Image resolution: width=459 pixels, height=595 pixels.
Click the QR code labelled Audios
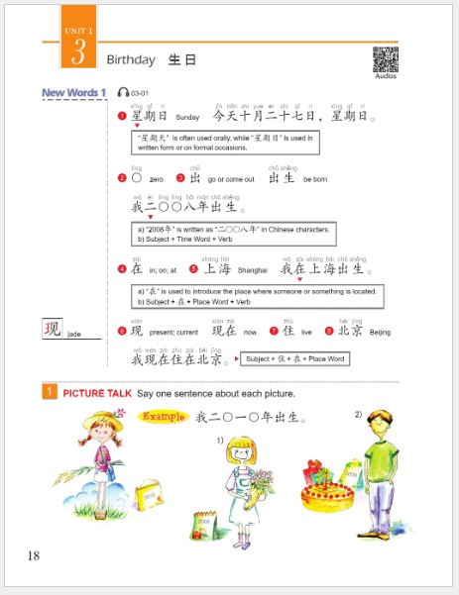coord(385,59)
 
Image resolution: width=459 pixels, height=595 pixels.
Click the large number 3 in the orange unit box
coord(76,53)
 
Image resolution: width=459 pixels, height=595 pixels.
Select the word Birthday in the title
coord(131,60)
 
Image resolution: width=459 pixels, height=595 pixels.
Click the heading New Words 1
coord(73,93)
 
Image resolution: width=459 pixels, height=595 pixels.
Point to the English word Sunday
coord(187,117)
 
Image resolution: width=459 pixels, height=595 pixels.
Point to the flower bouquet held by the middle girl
coord(261,482)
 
